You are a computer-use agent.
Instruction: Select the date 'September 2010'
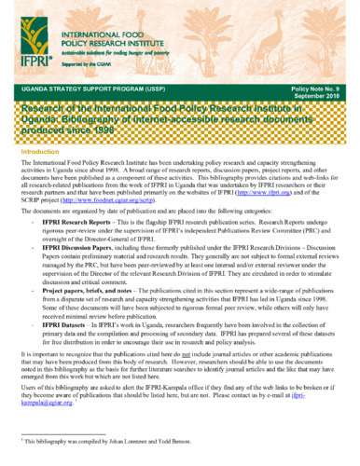[x=322, y=94]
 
